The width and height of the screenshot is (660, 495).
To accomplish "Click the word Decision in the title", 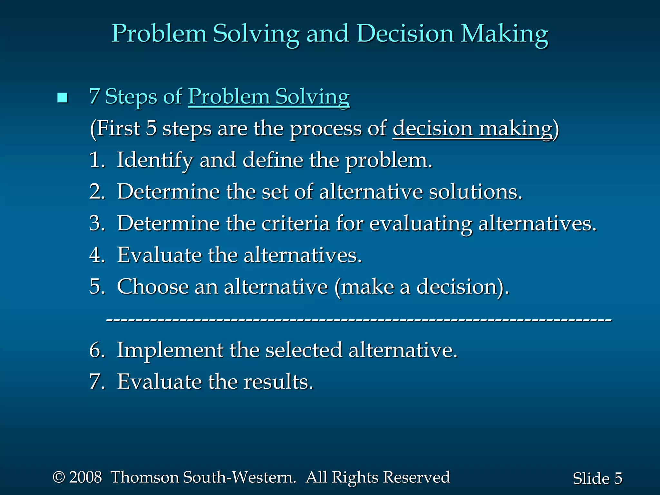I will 405,33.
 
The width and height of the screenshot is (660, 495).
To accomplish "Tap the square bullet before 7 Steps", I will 62,97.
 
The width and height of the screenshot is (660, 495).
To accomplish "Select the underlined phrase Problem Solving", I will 269,97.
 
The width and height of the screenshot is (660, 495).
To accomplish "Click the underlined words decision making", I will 472,128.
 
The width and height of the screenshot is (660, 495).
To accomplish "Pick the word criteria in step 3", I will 296,223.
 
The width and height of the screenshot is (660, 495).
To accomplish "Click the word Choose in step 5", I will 152,286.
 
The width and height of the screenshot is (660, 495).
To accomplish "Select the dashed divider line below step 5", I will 359,320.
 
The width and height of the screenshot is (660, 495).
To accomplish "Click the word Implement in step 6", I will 170,350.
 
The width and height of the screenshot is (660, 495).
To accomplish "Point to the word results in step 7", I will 278,382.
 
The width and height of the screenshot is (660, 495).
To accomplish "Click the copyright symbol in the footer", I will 59,477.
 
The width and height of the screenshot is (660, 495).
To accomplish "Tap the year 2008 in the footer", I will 85,477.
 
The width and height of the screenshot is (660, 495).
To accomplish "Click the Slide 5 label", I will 597,478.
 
